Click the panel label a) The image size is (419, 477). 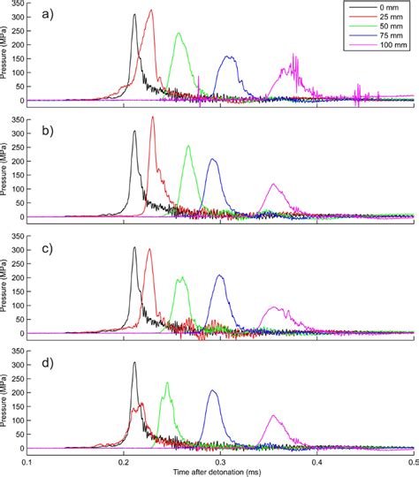coord(41,14)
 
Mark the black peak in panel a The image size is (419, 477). coord(133,14)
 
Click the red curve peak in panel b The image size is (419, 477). coord(152,117)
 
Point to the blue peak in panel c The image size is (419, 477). coord(219,276)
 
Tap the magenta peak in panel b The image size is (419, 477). coord(273,185)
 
